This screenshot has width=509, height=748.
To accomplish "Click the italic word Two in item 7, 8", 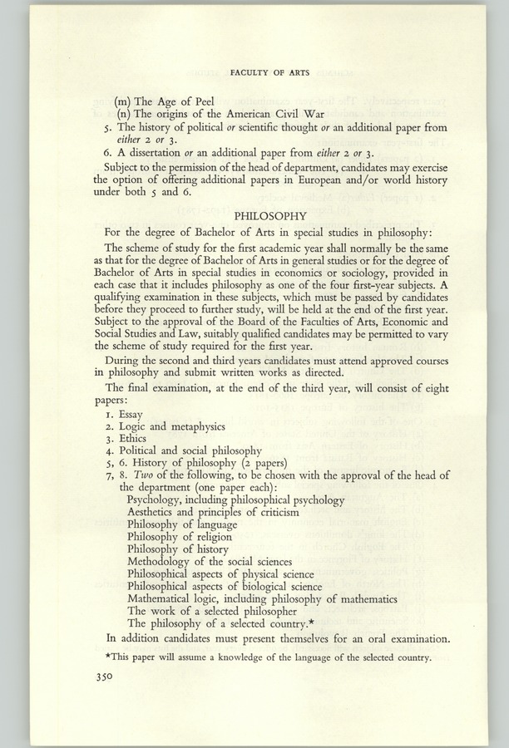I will click(137, 475).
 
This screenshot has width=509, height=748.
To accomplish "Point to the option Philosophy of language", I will click(182, 524).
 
